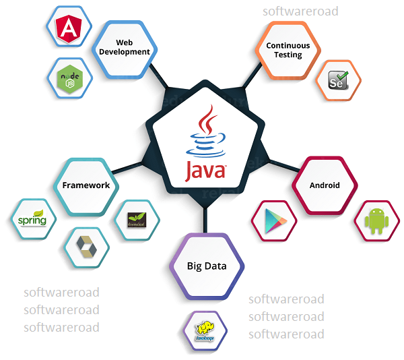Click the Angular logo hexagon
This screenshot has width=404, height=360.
[x=68, y=28]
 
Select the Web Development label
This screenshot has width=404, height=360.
[x=124, y=47]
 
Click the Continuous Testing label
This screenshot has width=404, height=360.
[x=288, y=51]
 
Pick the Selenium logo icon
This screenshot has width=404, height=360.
[x=338, y=80]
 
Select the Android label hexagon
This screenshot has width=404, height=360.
[x=325, y=185]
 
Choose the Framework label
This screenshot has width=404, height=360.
[x=86, y=185]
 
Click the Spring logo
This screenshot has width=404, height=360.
[x=31, y=219]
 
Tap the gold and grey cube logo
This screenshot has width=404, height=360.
[x=86, y=247]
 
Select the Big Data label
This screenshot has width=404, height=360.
[x=206, y=266]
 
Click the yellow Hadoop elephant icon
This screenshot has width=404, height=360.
[x=205, y=330]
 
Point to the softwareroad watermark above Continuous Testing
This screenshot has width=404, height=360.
[x=300, y=11]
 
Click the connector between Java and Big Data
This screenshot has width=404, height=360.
[x=206, y=218]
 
